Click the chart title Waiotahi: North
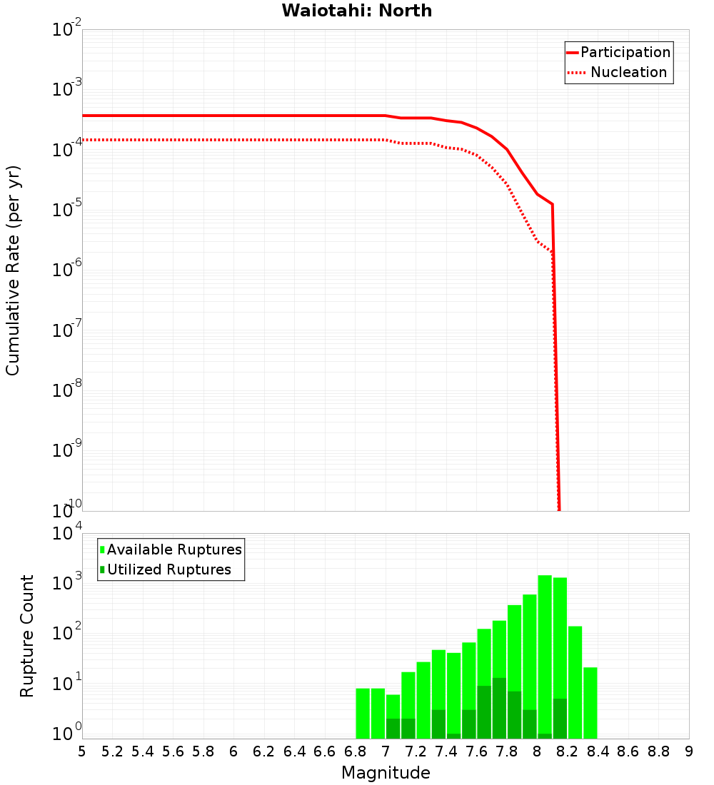pos(356,11)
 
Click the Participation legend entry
pos(625,52)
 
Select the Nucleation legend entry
pos(628,72)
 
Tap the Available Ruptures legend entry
pos(174,549)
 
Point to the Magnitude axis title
pos(386,773)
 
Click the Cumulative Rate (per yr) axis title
pos(13,270)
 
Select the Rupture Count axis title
pos(27,635)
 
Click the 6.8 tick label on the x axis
pos(355,751)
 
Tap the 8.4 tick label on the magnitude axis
pos(598,751)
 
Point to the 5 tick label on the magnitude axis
pos(82,751)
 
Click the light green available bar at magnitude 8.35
pos(590,703)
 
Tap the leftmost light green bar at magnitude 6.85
pos(363,714)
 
